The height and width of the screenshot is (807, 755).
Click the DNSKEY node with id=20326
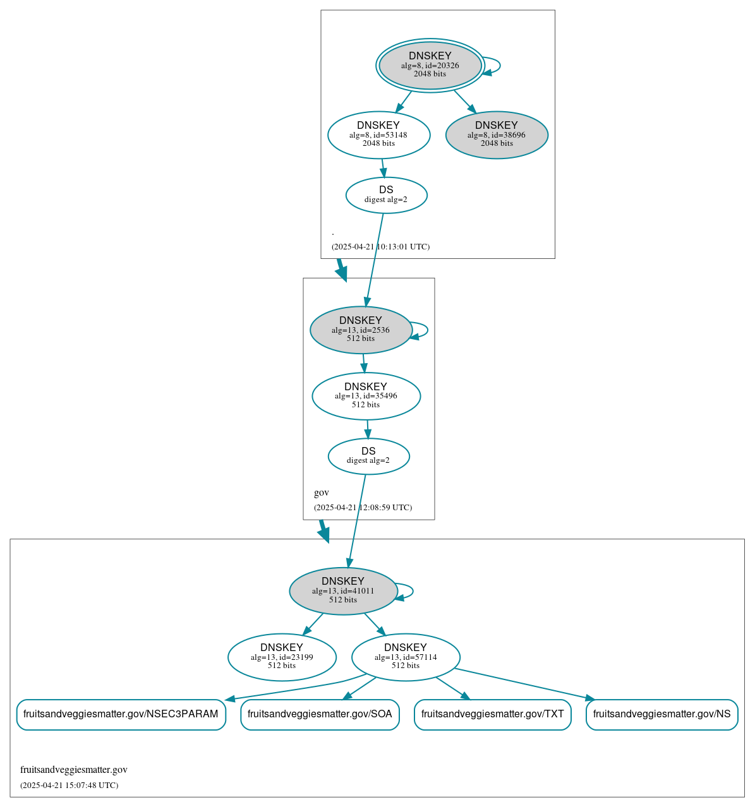pyautogui.click(x=430, y=65)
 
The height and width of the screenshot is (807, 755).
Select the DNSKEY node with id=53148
pyautogui.click(x=378, y=134)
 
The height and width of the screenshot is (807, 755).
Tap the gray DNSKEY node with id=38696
pyautogui.click(x=497, y=134)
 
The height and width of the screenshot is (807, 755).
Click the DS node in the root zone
pyautogui.click(x=386, y=194)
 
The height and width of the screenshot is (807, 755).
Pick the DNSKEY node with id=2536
pyautogui.click(x=360, y=330)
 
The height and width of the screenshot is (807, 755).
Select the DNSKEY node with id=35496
pyautogui.click(x=366, y=396)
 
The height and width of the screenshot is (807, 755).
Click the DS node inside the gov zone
pyautogui.click(x=368, y=456)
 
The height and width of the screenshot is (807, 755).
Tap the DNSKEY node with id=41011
pyautogui.click(x=342, y=591)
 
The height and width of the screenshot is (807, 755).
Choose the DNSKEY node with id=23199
pyautogui.click(x=282, y=657)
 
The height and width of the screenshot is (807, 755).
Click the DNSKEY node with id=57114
pyautogui.click(x=405, y=657)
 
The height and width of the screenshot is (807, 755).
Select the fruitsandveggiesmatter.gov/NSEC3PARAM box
pyautogui.click(x=121, y=714)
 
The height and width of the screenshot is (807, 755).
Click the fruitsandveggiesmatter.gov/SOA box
pyautogui.click(x=320, y=714)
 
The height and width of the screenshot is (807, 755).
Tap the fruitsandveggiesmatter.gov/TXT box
pyautogui.click(x=492, y=714)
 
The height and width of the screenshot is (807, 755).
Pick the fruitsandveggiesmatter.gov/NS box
pyautogui.click(x=661, y=714)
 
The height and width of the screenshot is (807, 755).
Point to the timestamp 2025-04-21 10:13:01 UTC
pyautogui.click(x=380, y=247)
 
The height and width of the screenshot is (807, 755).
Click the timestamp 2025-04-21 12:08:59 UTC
pyautogui.click(x=363, y=508)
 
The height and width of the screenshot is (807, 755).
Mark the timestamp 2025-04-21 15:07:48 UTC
pyautogui.click(x=69, y=786)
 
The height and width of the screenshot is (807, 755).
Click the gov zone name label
pyautogui.click(x=321, y=493)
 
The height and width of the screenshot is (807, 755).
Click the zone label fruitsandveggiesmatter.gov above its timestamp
pyautogui.click(x=73, y=770)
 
